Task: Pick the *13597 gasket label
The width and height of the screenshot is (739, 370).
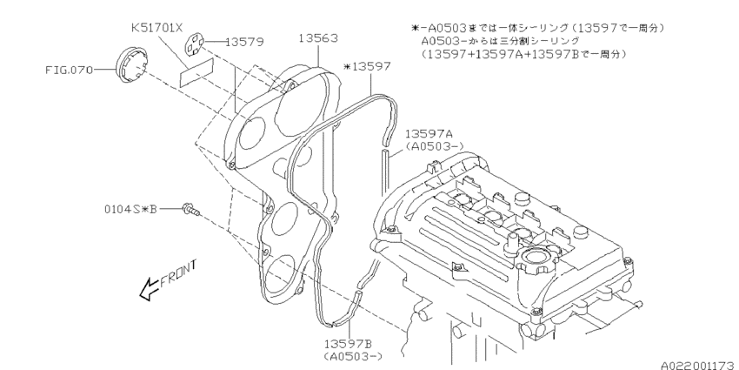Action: point(369,65)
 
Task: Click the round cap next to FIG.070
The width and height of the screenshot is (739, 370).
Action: point(129,66)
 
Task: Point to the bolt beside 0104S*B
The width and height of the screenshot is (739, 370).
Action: point(190,209)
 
